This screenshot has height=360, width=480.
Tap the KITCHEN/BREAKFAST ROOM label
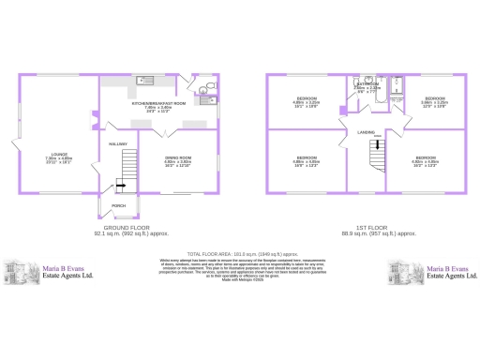158,102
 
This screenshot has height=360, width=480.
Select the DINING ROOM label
178,157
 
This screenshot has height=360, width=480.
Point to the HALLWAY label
117,143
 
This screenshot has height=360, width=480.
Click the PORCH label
118,204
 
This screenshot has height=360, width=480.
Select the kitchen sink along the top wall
145,80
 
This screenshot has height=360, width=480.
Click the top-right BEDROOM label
433,97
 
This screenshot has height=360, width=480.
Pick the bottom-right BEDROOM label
426,157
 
